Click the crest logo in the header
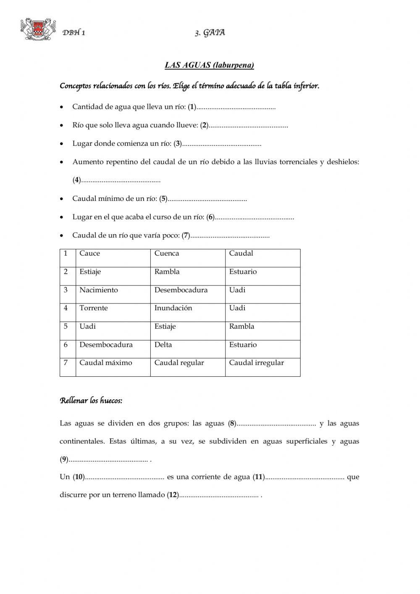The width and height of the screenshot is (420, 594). coord(38,29)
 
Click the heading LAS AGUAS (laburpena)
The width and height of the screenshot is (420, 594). coord(209,65)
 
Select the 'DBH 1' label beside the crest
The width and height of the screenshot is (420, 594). coord(74,33)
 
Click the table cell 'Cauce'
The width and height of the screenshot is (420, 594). coord(90,253)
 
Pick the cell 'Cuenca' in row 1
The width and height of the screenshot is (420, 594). coord(167,253)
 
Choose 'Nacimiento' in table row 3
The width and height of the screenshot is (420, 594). coord(99,290)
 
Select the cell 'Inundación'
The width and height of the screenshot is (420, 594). coord(173,308)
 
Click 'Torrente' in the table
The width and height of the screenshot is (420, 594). coord(94,308)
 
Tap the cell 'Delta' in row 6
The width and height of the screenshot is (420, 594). coord(163,345)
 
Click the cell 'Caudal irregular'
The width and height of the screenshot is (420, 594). coord(256,363)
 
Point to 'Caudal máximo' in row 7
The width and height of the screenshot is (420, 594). coord(106,363)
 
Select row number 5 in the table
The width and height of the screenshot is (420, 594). coord(66,326)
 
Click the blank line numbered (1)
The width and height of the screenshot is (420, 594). coord(236,108)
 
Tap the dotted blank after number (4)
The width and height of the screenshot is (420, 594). coord(121,181)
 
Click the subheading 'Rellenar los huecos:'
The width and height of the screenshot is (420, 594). coord(91,401)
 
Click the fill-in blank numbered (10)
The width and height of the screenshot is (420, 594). coord(124,478)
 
